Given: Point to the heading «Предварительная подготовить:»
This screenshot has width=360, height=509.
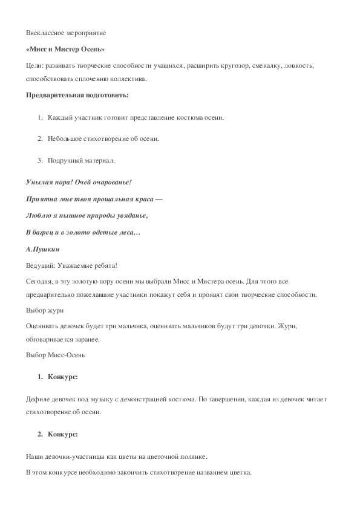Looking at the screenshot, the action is click(77, 95).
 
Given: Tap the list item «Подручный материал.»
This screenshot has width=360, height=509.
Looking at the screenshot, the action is click(81, 160).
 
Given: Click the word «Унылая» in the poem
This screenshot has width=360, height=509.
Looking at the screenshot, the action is click(41, 182).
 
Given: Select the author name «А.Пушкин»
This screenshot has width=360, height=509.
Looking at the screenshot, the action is click(44, 248).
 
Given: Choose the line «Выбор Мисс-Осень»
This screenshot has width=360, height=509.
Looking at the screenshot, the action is click(56, 354).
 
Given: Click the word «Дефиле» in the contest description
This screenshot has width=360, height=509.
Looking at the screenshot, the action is click(40, 401).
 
